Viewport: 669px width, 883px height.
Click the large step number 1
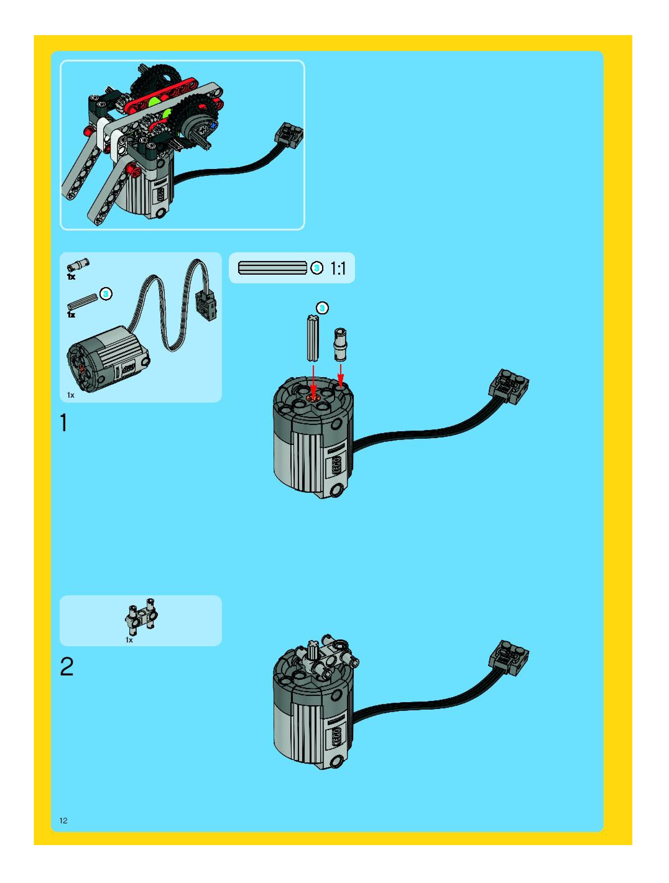tap(63, 423)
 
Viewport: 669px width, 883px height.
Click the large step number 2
tap(67, 667)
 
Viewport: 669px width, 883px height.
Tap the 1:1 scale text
tap(338, 269)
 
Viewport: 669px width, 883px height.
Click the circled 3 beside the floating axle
tap(322, 308)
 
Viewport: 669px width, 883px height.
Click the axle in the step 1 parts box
tap(83, 302)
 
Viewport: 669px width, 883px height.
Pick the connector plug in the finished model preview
tap(287, 136)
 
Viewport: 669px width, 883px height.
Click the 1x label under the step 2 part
tap(129, 640)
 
